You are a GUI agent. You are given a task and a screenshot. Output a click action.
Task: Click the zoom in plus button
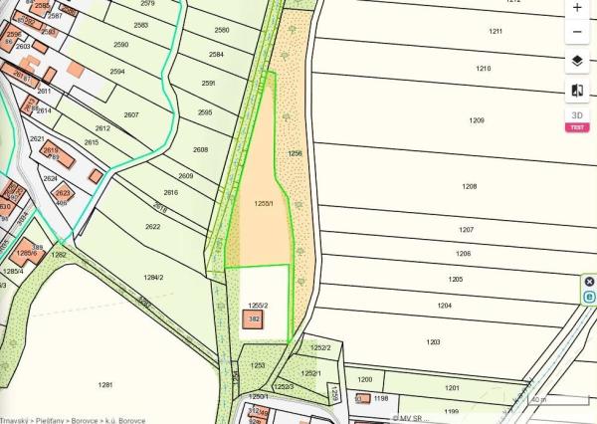(x=578, y=8)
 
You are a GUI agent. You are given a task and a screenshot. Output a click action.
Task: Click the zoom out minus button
(x=578, y=32)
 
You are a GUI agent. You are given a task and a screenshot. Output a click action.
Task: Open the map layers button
(x=578, y=61)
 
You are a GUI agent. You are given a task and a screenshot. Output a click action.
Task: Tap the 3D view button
(x=577, y=115)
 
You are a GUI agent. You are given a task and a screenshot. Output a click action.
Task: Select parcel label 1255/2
(x=259, y=305)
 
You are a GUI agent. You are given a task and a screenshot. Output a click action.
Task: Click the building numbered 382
(x=254, y=319)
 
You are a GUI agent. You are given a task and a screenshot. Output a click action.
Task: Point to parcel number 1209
(x=477, y=120)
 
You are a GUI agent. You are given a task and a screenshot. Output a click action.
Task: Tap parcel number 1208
(x=470, y=186)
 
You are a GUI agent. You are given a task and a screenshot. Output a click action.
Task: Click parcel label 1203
(x=433, y=341)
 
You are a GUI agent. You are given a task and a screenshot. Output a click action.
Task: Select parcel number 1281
(x=106, y=383)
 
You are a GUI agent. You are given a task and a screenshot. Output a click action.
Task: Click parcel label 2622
(x=153, y=226)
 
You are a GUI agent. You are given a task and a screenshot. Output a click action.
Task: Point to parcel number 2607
(x=131, y=115)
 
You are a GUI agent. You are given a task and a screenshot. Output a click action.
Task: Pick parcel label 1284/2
(x=153, y=277)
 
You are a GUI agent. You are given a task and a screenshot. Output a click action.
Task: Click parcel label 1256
(x=295, y=153)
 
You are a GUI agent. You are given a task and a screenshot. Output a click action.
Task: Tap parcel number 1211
(x=496, y=32)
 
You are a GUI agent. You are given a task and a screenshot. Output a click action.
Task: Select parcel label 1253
(x=258, y=365)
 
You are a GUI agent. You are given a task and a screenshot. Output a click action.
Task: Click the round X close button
(x=589, y=282)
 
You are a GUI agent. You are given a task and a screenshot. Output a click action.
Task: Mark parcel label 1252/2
(x=320, y=347)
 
